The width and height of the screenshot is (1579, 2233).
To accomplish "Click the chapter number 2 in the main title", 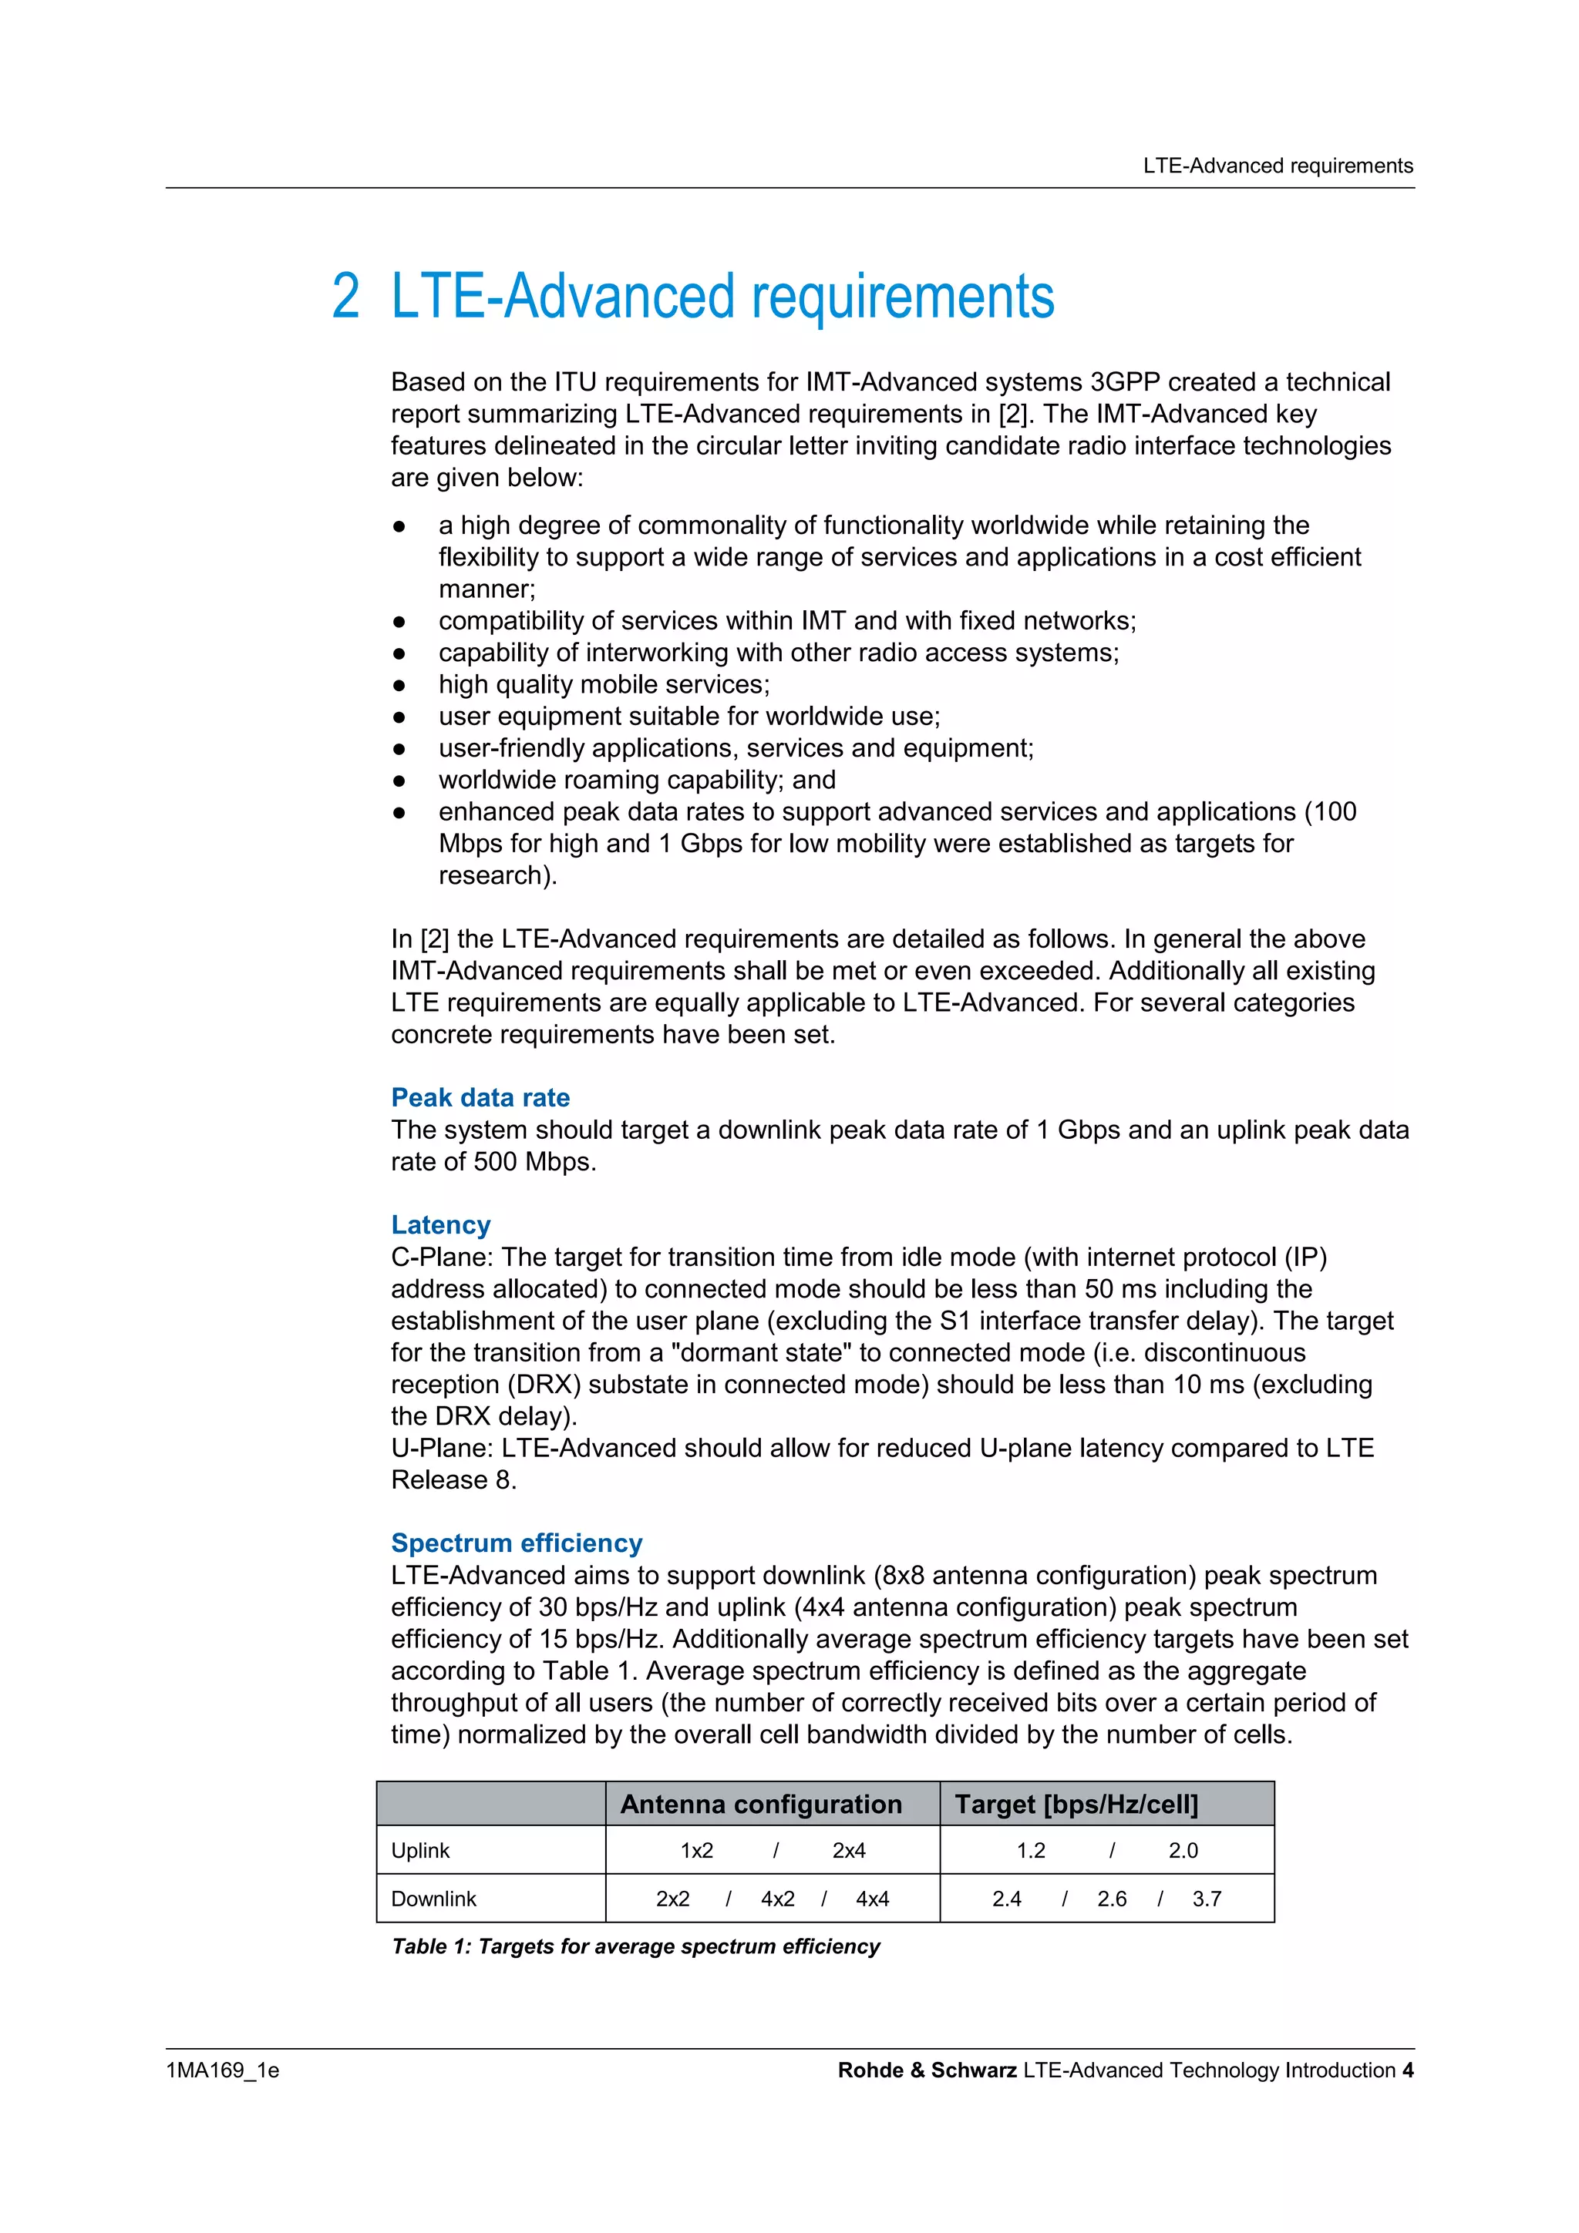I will (345, 297).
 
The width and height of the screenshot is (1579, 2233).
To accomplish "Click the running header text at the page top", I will (1277, 166).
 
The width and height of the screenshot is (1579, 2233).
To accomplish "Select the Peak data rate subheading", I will (480, 1097).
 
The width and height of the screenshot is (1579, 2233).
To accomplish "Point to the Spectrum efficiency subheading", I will (516, 1543).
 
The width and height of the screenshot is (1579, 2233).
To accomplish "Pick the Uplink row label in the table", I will (419, 1851).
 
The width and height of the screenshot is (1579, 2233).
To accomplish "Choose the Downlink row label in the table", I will (433, 1899).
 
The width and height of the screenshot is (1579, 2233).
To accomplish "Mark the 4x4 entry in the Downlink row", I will (872, 1899).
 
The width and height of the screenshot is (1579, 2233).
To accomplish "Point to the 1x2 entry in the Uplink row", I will (696, 1851).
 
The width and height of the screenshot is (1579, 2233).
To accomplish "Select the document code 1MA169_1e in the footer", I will (222, 2070).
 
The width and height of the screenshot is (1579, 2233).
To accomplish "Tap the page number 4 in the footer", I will (1407, 2070).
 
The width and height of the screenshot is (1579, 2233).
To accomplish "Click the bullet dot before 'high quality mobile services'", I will (398, 686).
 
